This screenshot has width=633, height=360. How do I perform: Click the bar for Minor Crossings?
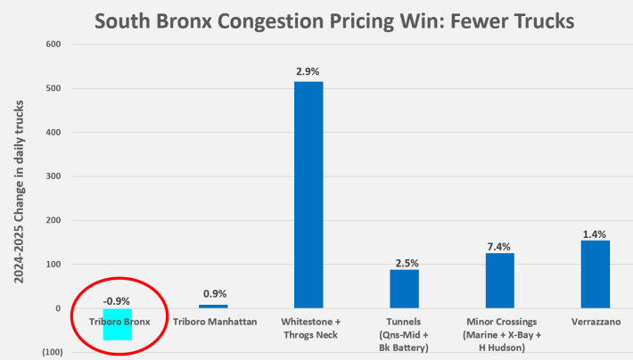499,280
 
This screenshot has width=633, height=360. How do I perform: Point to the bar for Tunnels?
404,289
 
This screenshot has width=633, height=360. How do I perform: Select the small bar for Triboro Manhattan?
213,307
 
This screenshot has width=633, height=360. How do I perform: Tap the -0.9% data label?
116,300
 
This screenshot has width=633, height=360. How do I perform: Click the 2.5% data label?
404,262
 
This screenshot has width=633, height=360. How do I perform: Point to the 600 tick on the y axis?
53,45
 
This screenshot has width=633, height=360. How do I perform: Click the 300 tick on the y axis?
53,176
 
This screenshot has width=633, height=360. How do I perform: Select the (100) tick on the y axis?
50,353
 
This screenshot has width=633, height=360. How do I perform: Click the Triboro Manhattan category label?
213,321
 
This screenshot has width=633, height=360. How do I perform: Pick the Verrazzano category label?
595,321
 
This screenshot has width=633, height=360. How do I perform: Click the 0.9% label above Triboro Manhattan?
213,293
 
